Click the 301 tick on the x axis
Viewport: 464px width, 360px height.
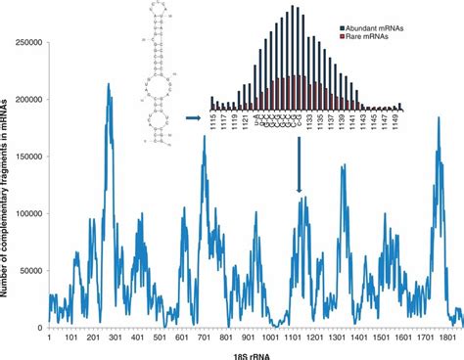[x=116, y=337]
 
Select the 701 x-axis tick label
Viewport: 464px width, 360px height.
[x=205, y=337]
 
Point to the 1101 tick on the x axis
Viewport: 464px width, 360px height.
[x=295, y=337]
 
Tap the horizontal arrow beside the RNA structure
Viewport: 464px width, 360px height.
[x=192, y=117]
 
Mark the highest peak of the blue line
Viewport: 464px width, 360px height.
[x=108, y=85]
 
